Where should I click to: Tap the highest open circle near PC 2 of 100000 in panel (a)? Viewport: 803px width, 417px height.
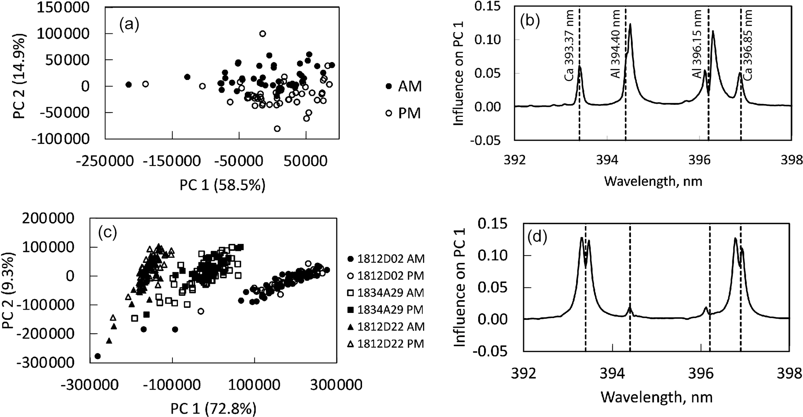263,34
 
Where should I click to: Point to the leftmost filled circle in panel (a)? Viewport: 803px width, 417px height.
129,85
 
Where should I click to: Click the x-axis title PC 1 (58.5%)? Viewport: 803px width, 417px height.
222,185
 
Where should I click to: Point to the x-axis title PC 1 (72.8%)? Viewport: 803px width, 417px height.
213,408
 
